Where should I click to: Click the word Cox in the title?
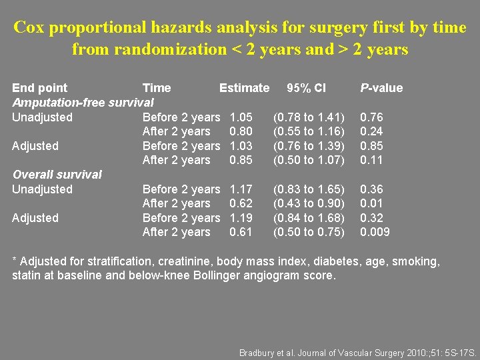[29, 27]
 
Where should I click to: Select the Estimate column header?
[244, 88]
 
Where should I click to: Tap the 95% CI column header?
[306, 88]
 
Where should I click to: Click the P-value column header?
[381, 88]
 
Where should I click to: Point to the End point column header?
[40, 88]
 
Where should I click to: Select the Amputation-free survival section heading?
[83, 103]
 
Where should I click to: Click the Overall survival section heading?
[57, 175]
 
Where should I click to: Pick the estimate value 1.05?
[241, 117]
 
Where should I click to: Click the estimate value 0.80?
[241, 131]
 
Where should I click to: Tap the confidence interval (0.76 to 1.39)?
[309, 146]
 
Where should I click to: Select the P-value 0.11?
[371, 160]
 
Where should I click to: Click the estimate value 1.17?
[241, 189]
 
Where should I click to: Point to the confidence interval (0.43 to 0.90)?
[309, 203]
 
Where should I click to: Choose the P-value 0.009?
[375, 232]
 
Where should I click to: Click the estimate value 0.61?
[241, 232]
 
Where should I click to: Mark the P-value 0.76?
[371, 117]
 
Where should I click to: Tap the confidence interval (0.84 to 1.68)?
[309, 218]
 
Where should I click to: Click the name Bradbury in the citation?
[259, 353]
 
